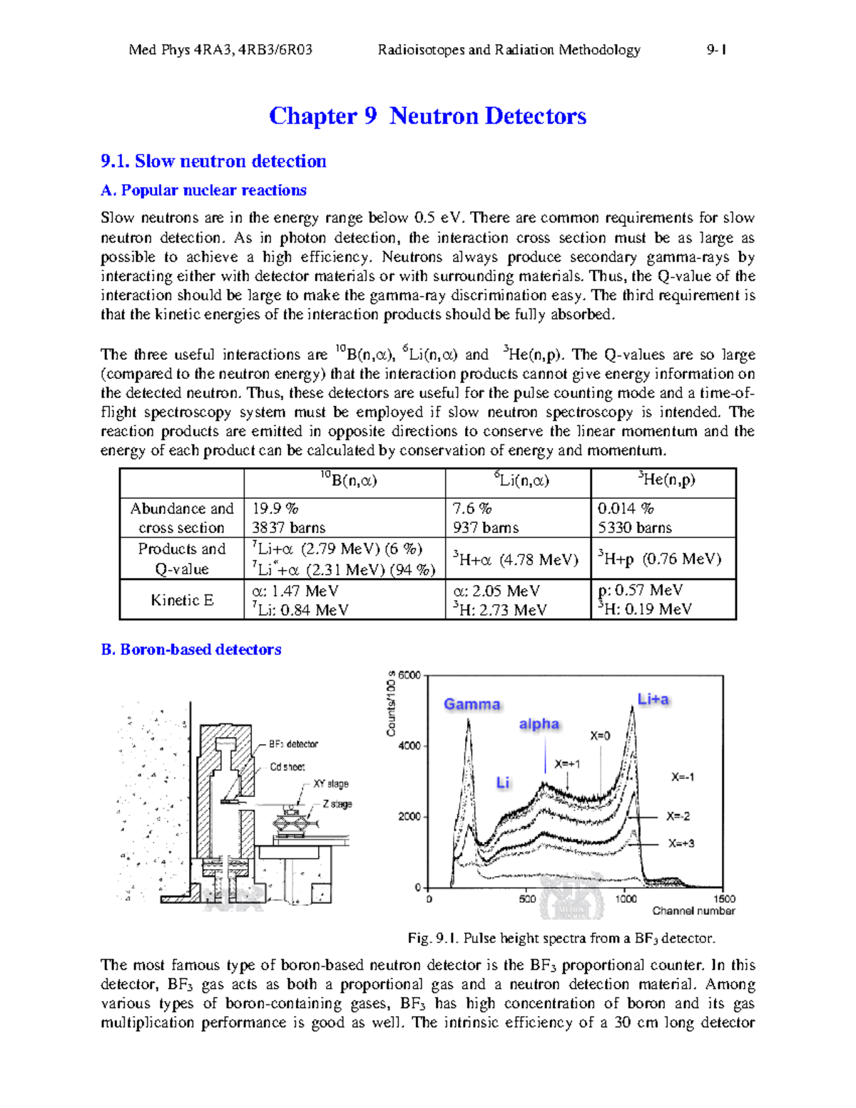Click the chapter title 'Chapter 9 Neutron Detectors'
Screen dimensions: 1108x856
point(427,116)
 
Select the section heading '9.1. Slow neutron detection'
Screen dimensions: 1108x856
point(213,161)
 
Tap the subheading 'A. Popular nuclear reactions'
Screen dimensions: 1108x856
point(203,190)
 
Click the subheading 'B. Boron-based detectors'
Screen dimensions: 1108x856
point(191,649)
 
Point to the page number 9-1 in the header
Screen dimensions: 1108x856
point(716,50)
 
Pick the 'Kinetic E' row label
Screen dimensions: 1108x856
point(181,600)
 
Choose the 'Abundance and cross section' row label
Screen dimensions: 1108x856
point(181,518)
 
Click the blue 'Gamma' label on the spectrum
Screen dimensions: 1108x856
point(472,704)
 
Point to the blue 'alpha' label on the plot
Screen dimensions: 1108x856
point(539,724)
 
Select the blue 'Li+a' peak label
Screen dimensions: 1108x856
point(653,700)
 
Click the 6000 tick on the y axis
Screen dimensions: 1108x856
point(409,675)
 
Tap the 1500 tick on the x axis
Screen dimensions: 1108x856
point(724,899)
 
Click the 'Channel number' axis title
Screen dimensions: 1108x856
point(693,911)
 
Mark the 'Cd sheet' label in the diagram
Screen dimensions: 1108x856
point(287,767)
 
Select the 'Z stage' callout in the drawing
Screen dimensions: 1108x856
point(337,804)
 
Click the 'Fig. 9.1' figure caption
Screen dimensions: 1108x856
point(561,938)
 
